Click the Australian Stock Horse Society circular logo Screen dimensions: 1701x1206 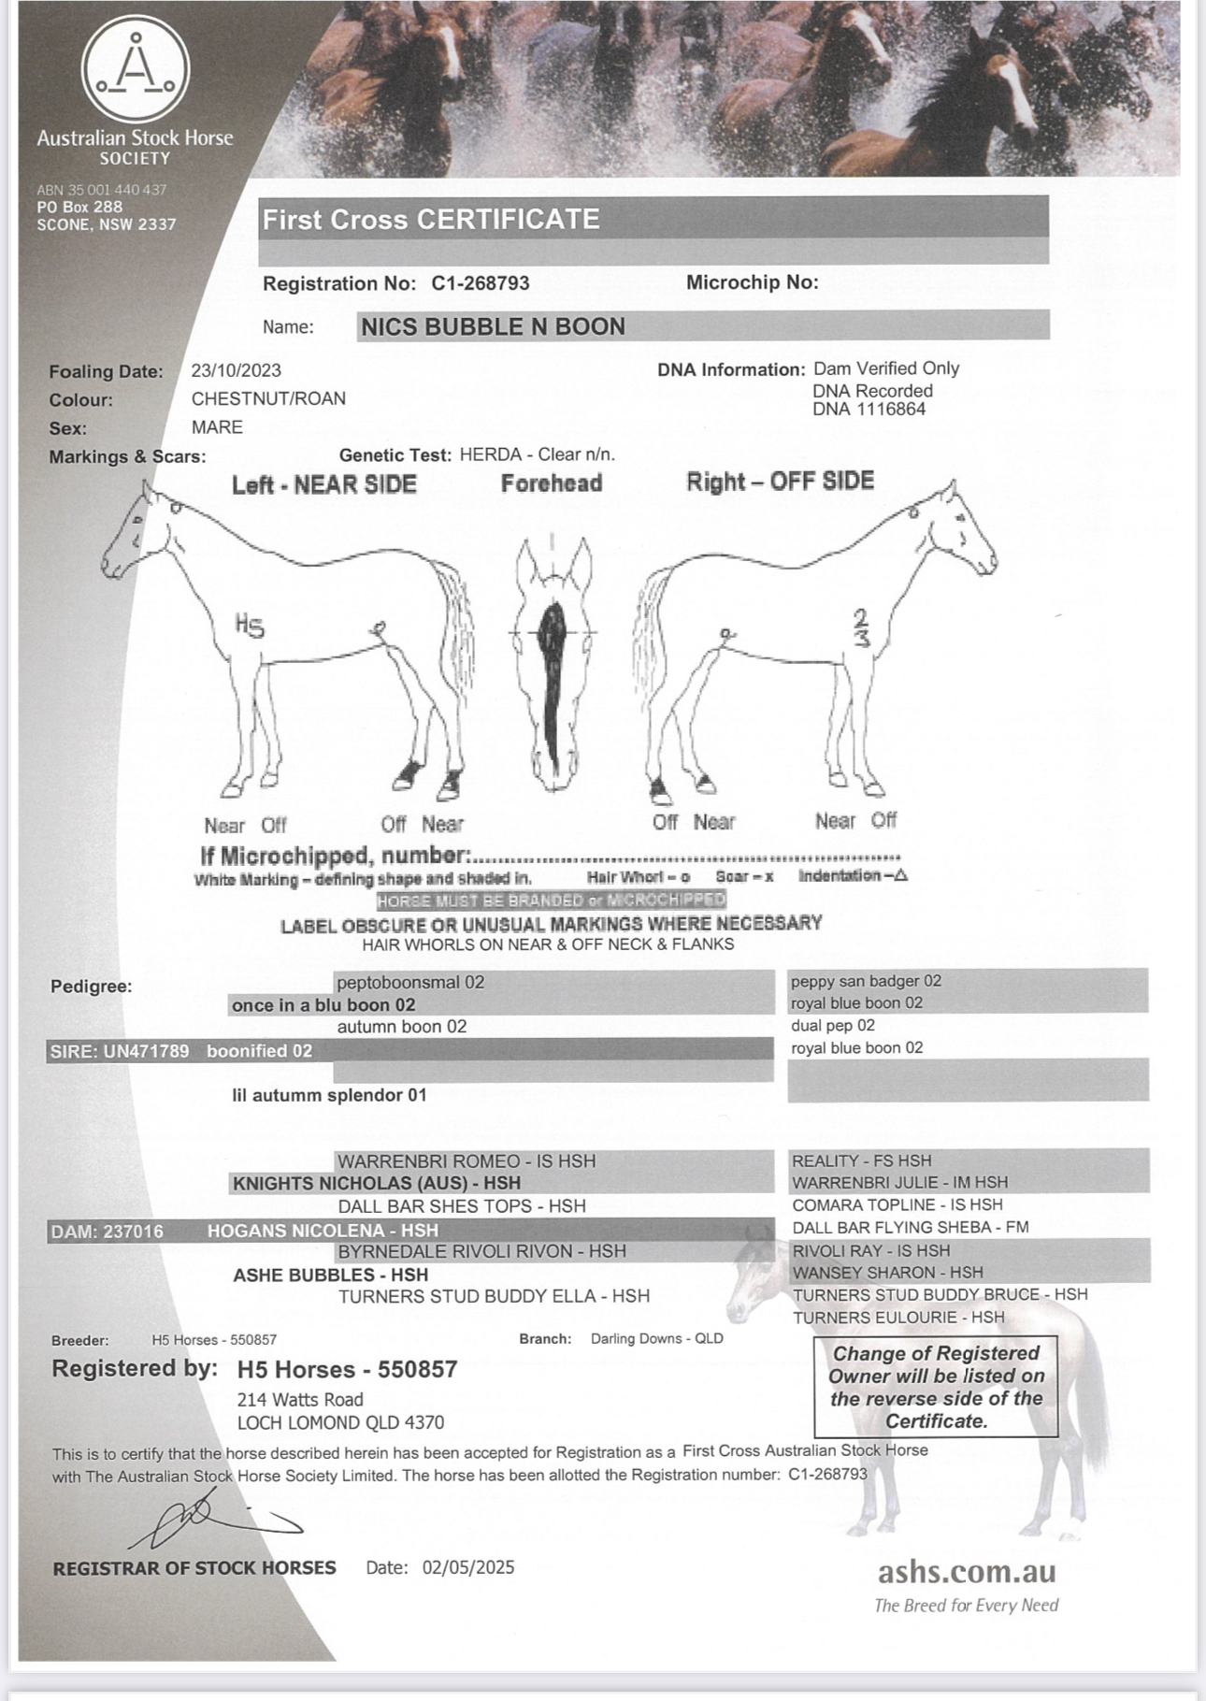(136, 70)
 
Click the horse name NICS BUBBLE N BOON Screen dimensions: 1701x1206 (493, 326)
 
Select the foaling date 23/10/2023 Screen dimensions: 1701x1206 (236, 370)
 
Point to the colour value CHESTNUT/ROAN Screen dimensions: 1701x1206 (268, 398)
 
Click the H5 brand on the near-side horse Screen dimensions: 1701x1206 (250, 624)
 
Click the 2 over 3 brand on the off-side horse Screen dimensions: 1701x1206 (861, 627)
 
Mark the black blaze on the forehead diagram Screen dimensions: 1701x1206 (553, 673)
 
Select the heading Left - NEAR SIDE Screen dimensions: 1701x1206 (324, 484)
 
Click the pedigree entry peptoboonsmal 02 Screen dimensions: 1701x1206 (410, 982)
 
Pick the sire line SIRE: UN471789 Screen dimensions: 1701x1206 (119, 1051)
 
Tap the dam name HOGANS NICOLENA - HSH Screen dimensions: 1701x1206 (323, 1231)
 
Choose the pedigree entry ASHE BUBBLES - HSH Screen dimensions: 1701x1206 (330, 1275)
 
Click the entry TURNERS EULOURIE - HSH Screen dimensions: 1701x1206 (898, 1318)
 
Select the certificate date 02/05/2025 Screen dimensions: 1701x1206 (468, 1567)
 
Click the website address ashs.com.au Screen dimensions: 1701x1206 (966, 1571)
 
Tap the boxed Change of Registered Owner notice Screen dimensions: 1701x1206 (936, 1387)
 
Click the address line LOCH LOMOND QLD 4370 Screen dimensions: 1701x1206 (340, 1422)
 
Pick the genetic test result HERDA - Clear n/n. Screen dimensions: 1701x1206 (538, 454)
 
